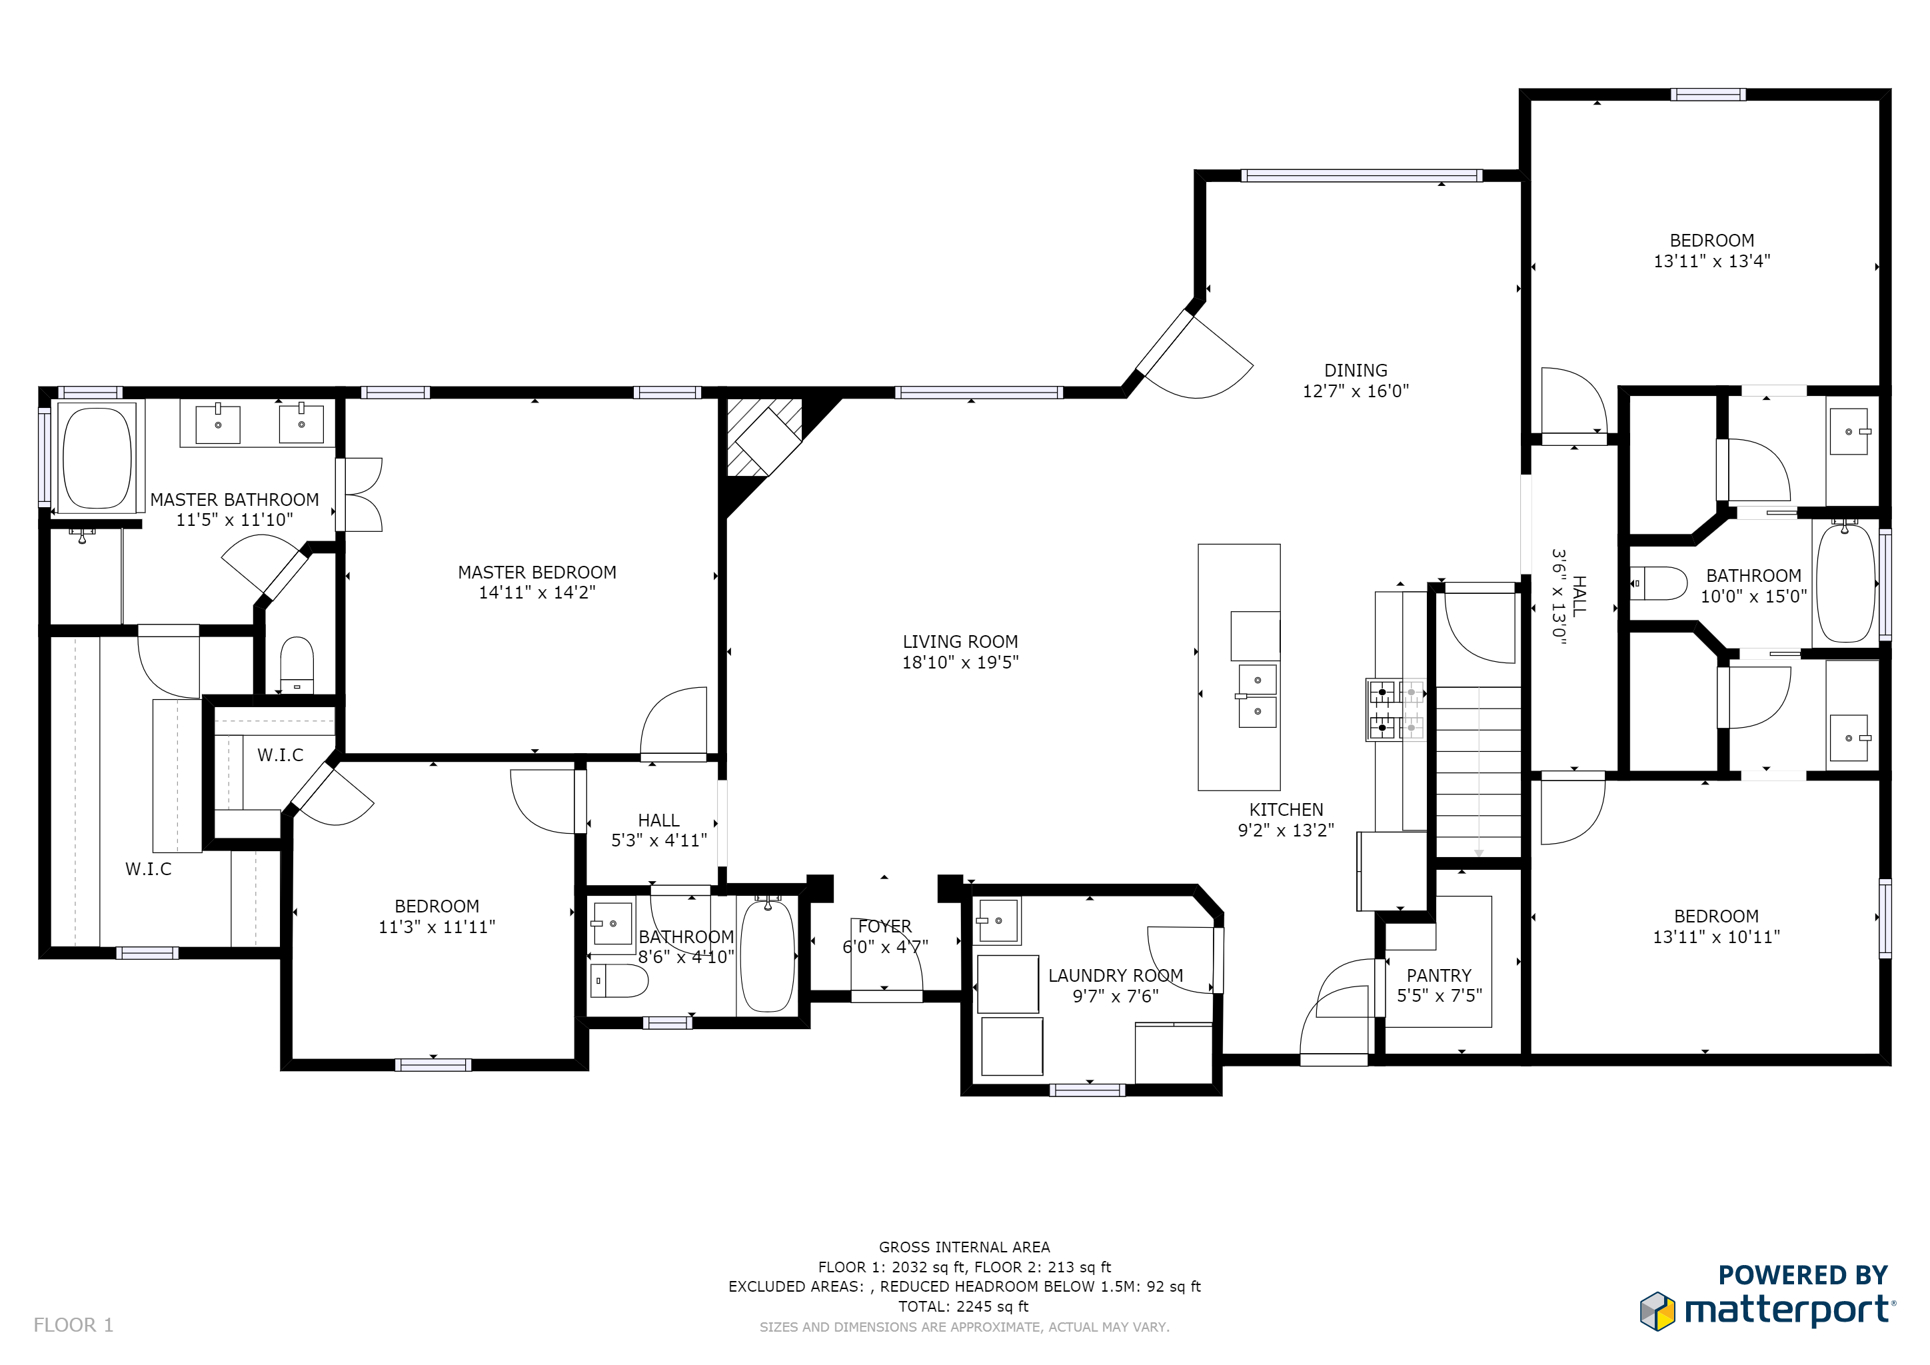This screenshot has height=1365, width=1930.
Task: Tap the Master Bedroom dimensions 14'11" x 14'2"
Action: point(537,593)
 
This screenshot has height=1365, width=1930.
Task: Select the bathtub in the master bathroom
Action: point(97,458)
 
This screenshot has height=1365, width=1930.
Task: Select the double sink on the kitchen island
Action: point(1258,695)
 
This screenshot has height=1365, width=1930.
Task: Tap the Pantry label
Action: point(1439,976)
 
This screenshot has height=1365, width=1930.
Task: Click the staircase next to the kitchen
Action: point(1479,772)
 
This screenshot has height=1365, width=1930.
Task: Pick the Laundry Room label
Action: point(1116,976)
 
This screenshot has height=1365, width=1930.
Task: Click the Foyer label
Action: point(885,926)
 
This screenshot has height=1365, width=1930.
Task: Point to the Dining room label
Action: point(1356,371)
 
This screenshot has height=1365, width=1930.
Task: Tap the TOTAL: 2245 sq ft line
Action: point(963,1307)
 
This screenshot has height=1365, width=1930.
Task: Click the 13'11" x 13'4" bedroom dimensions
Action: point(1711,261)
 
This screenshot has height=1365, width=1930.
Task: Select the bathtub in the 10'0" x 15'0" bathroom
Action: point(1846,582)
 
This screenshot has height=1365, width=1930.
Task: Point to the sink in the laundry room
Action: point(998,921)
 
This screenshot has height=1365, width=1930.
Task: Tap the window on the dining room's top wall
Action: point(1361,176)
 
